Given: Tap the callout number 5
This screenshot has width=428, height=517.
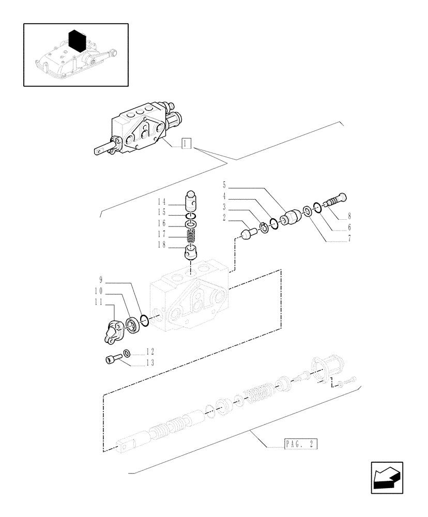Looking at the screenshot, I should point(224,185).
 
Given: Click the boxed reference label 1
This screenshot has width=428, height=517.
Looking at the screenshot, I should point(187,144).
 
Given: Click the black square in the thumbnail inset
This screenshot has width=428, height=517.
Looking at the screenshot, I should point(77,39).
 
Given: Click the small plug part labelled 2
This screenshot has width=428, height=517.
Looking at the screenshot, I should point(249,235).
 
